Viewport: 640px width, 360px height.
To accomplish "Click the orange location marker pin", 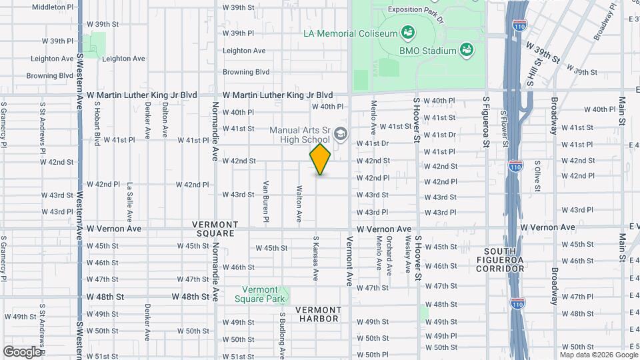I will [x=321, y=160].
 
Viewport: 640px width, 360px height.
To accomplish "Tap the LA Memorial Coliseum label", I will [x=349, y=33].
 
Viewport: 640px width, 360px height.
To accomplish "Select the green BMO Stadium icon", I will [x=467, y=50].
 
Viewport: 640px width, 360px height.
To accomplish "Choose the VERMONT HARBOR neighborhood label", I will [x=318, y=314].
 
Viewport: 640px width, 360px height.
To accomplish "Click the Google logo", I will [x=22, y=351].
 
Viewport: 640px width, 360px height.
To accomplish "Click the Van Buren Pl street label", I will [x=265, y=201].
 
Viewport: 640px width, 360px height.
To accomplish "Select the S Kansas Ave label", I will [x=315, y=257].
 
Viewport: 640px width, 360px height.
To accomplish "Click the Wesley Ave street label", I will [x=407, y=257].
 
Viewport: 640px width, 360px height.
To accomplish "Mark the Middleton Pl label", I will [x=53, y=7].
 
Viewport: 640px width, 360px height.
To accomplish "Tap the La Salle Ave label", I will [x=130, y=202].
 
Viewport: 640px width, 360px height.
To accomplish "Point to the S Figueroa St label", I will [x=486, y=121].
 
